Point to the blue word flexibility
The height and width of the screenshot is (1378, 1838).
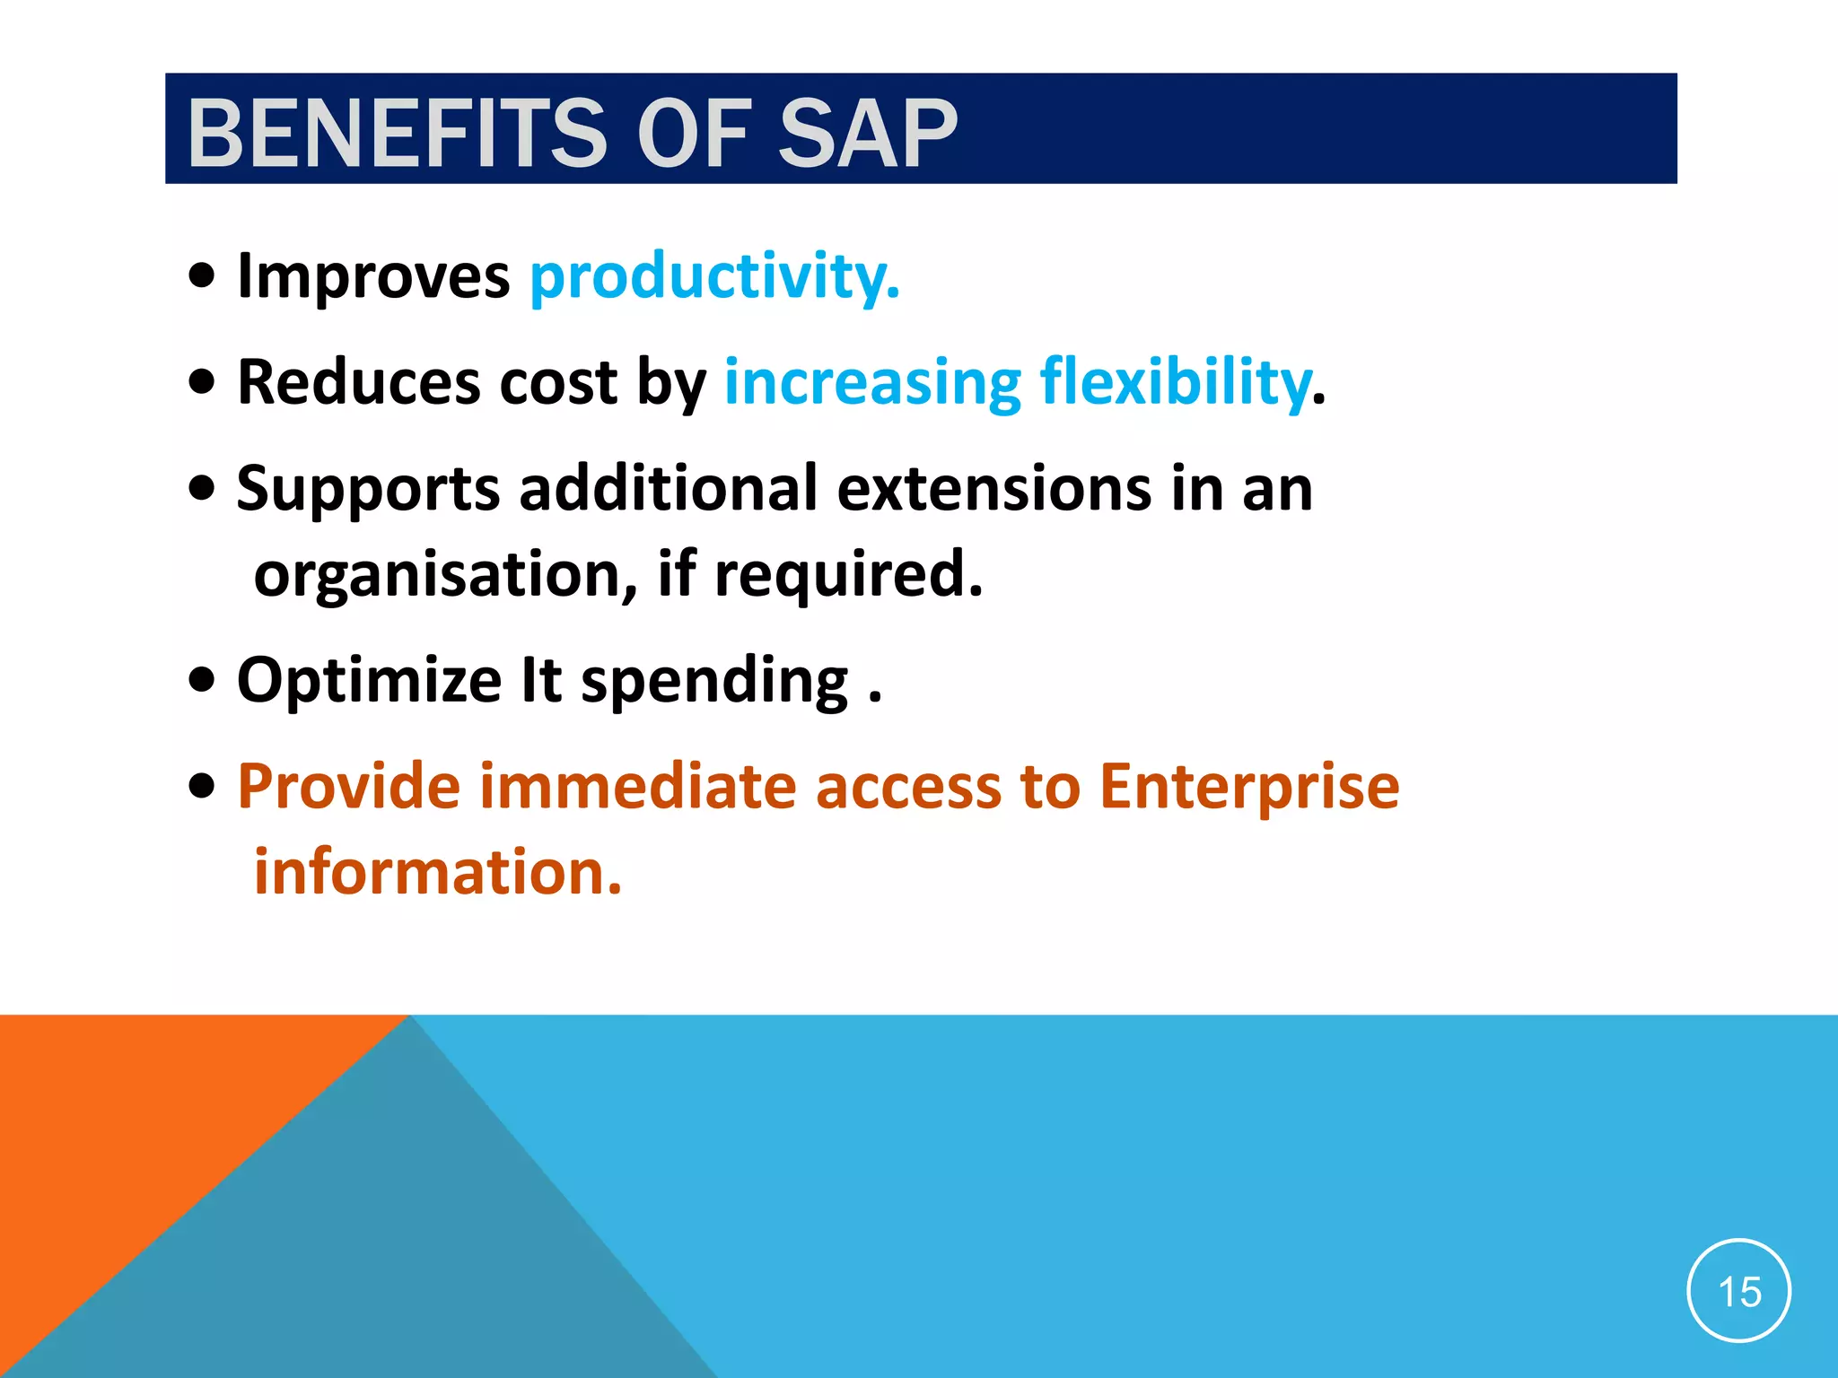(x=1176, y=382)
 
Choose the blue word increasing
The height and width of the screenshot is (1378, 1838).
(x=872, y=384)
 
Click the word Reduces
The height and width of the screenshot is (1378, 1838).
(x=359, y=382)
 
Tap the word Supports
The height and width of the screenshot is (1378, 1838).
(x=368, y=490)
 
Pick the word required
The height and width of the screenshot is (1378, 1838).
(x=847, y=574)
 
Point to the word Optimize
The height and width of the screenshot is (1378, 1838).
(x=368, y=680)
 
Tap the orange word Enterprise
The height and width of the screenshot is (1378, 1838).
(x=1249, y=786)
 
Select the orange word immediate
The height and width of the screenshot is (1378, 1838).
(x=638, y=786)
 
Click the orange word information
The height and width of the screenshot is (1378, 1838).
(x=438, y=872)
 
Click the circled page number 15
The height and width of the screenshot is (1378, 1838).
(x=1739, y=1291)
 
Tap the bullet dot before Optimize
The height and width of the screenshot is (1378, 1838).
(x=203, y=680)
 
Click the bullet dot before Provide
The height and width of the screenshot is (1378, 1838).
(x=203, y=786)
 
